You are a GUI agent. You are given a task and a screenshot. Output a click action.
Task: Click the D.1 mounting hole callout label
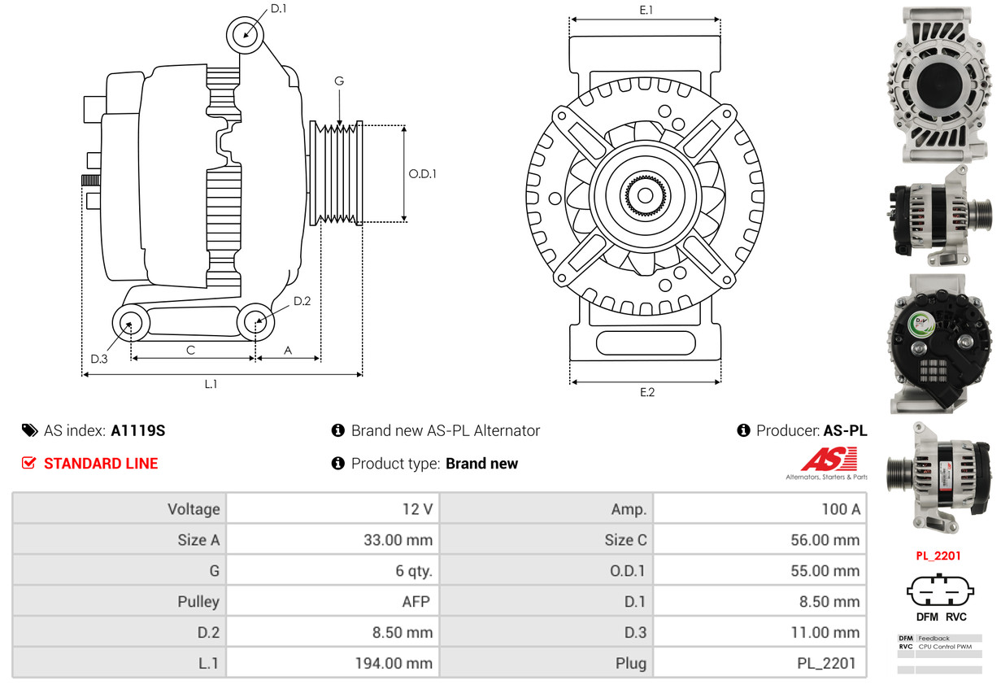coord(278,9)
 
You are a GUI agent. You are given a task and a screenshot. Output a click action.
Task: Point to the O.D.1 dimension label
coord(422,173)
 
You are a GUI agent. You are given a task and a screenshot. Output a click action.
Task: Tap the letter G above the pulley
coord(339,81)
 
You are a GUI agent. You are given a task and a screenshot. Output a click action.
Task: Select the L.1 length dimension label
coord(211,385)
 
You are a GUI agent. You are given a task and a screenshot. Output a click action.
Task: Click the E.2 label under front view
coord(646,392)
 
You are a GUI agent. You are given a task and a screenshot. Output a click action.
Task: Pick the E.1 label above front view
coord(646,10)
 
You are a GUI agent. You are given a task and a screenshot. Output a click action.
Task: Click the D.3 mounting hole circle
coord(129,323)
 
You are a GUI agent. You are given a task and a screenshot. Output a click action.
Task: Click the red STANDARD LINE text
coord(100,464)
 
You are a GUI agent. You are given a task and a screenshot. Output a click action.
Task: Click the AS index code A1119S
coord(138,431)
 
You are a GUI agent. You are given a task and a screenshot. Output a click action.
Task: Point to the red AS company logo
coord(828,460)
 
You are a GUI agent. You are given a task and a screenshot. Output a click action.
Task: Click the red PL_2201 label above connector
coord(938,556)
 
